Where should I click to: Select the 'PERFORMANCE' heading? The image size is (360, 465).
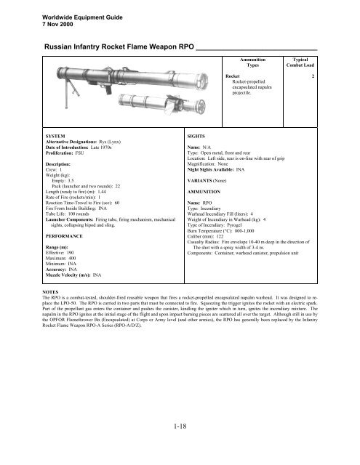[65, 237]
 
